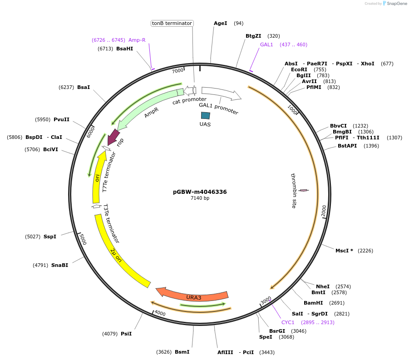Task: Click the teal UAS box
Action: click(x=205, y=116)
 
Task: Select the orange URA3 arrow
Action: click(x=193, y=296)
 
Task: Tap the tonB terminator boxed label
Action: click(x=172, y=23)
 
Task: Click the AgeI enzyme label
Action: click(x=220, y=23)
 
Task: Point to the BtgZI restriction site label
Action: click(x=253, y=36)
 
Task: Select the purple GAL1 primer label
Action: click(x=266, y=44)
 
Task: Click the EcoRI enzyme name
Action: click(x=299, y=69)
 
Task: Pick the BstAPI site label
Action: click(x=347, y=146)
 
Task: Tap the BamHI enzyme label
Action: click(x=313, y=303)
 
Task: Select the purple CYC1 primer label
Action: click(x=288, y=322)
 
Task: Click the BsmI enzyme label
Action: click(x=182, y=352)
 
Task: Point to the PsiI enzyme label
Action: click(x=126, y=334)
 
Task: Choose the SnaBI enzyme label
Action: click(x=59, y=265)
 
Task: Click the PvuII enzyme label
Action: click(x=61, y=119)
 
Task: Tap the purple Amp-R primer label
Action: click(x=137, y=40)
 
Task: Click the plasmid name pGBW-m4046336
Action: click(x=200, y=192)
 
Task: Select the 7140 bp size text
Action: click(x=200, y=198)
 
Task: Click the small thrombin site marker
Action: click(x=304, y=190)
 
